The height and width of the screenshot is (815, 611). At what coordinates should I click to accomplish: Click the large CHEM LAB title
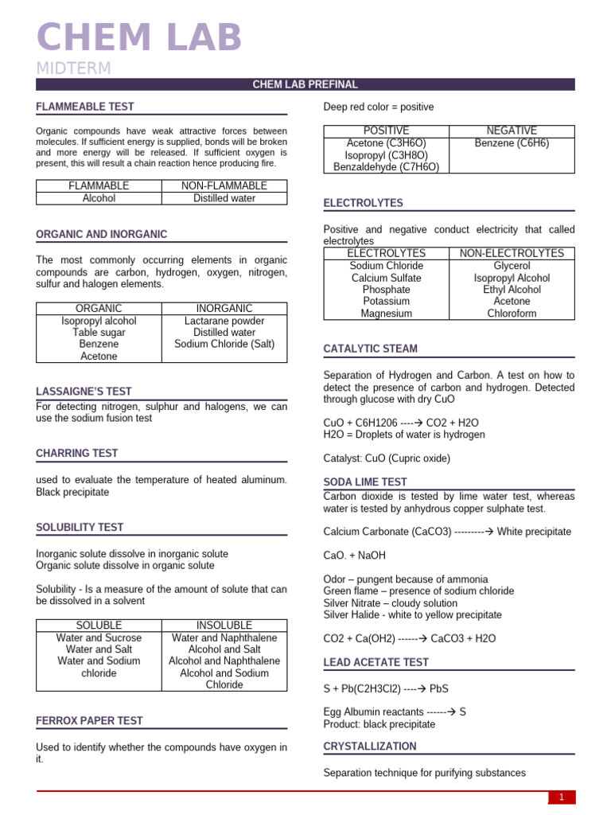pos(139,38)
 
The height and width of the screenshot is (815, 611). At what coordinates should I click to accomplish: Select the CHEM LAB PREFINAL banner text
pos(305,84)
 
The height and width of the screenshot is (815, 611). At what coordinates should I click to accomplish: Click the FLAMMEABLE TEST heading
pos(85,107)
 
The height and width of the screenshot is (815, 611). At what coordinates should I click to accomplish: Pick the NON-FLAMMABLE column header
pos(224,185)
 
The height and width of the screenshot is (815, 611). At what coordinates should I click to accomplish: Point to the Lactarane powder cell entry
pos(224,321)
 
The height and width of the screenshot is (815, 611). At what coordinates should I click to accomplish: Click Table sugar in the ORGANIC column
pos(99,333)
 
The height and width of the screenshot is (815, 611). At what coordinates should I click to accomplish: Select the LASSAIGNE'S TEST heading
pos(84,392)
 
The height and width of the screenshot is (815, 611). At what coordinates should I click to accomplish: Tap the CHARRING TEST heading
pos(76,454)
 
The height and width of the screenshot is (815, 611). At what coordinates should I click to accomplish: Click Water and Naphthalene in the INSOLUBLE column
pos(224,638)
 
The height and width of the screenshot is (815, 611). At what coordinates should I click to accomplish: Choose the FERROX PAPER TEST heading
pos(89,720)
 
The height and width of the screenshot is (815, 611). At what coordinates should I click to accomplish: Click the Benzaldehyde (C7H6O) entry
pos(386,167)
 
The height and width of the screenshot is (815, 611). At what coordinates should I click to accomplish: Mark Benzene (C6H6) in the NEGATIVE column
pos(512,143)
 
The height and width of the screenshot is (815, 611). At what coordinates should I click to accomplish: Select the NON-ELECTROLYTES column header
pos(512,253)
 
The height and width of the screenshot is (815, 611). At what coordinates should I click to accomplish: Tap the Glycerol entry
pos(512,266)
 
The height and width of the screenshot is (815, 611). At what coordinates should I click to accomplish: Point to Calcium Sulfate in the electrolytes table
pos(386,278)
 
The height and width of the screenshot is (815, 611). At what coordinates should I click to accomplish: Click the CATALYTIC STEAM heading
pos(370,349)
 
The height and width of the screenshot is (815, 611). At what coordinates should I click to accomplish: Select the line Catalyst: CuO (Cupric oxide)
pos(387,458)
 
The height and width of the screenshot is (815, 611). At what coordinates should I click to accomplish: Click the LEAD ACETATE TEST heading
pos(376,662)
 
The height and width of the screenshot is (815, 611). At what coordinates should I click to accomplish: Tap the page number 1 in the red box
pos(561,797)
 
